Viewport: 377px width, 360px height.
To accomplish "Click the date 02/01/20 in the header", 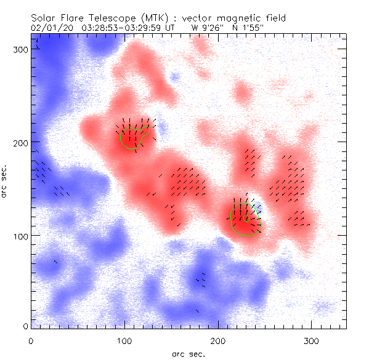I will tap(51, 28).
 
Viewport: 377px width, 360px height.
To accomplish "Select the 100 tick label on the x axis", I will tap(124, 340).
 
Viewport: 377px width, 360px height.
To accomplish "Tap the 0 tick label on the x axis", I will tap(31, 340).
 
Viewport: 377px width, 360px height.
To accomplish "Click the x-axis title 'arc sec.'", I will tap(188, 353).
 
